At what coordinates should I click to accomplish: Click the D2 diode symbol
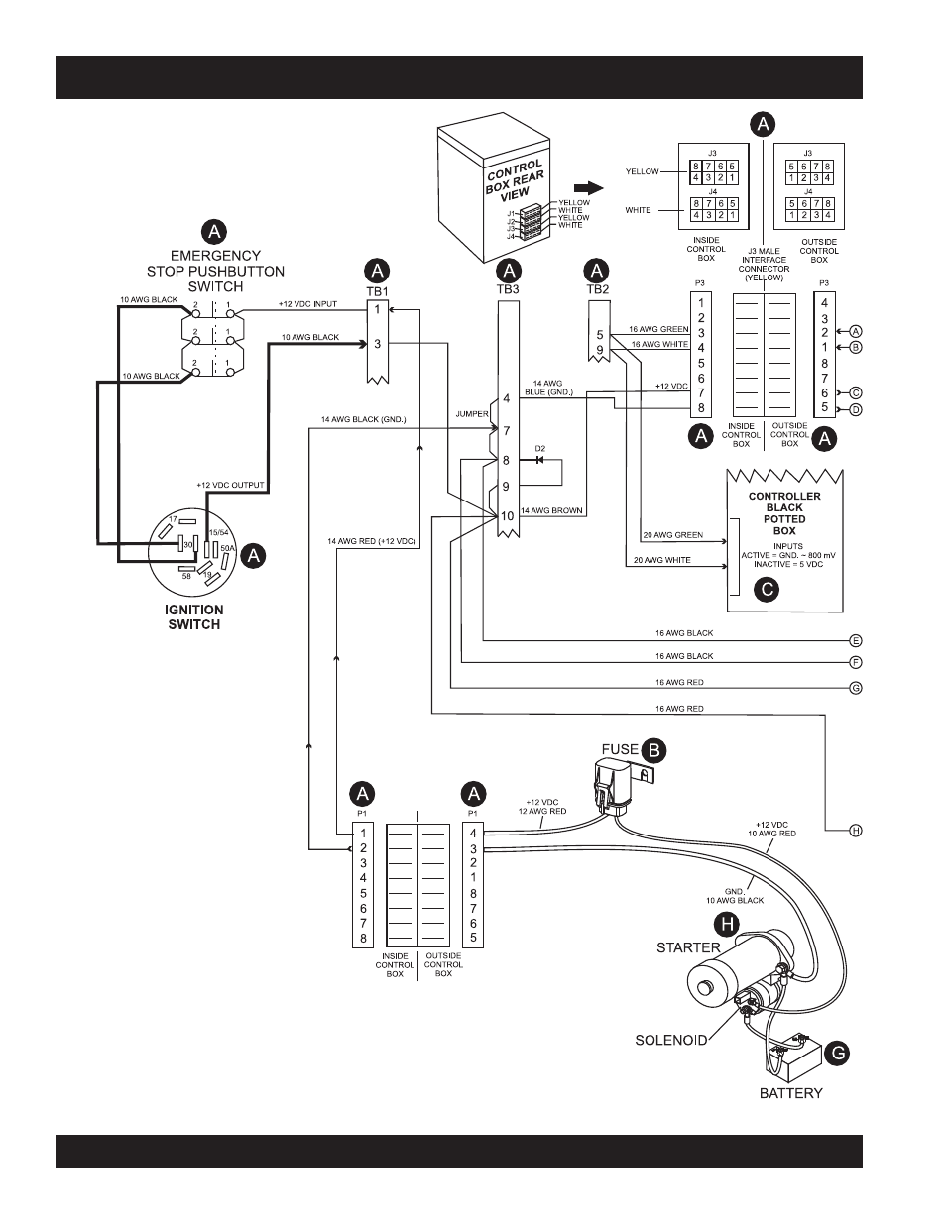pyautogui.click(x=539, y=460)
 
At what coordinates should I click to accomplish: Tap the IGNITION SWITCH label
pyautogui.click(x=193, y=616)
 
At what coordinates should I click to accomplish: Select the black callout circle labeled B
pyautogui.click(x=654, y=750)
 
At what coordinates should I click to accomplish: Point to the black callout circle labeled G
pyautogui.click(x=837, y=1054)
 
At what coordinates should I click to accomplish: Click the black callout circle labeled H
pyautogui.click(x=727, y=925)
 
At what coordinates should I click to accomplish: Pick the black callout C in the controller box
pyautogui.click(x=767, y=590)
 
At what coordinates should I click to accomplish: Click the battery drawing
pyautogui.click(x=790, y=1053)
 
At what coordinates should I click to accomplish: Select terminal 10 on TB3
pyautogui.click(x=507, y=516)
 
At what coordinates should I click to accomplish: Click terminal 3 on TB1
pyautogui.click(x=378, y=344)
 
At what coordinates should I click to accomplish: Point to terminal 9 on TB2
pyautogui.click(x=600, y=351)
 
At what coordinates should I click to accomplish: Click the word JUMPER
pyautogui.click(x=472, y=414)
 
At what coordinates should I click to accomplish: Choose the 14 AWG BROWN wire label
pyautogui.click(x=551, y=510)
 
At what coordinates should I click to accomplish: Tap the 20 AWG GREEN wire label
pyautogui.click(x=672, y=535)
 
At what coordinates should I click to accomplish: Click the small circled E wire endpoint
pyautogui.click(x=856, y=640)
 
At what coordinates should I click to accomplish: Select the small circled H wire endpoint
pyautogui.click(x=856, y=831)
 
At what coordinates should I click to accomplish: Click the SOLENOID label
pyautogui.click(x=670, y=1040)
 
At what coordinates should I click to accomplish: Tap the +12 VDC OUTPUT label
pyautogui.click(x=230, y=485)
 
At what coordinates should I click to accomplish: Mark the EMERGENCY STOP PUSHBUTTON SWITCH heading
pyautogui.click(x=215, y=271)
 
